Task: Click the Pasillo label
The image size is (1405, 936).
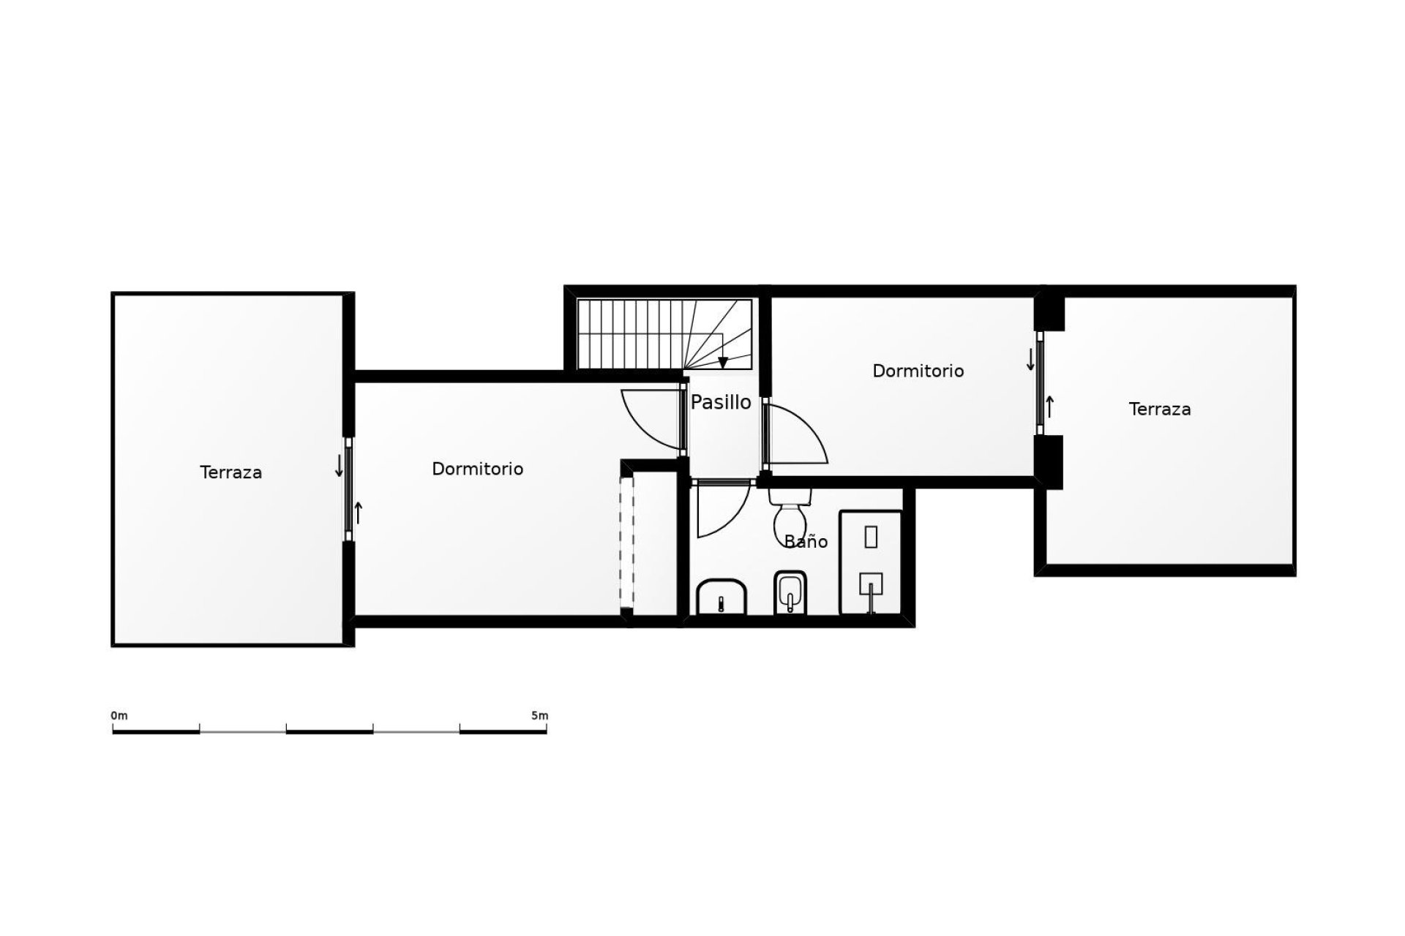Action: click(721, 402)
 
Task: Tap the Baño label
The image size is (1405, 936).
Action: click(806, 542)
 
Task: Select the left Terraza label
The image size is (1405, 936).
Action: click(231, 472)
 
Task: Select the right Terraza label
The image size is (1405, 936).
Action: click(1159, 409)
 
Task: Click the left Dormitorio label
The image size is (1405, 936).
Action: click(477, 469)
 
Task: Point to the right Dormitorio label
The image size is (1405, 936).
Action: click(918, 371)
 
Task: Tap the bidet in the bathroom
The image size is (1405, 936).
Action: click(790, 592)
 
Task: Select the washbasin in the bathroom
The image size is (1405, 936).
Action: click(722, 597)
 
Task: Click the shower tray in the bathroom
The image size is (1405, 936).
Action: click(871, 562)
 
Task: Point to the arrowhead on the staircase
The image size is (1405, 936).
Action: click(723, 363)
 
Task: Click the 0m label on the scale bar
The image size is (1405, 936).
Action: click(119, 716)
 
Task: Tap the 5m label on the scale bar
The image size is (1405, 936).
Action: click(539, 716)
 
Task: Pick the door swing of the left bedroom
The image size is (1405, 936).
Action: click(648, 417)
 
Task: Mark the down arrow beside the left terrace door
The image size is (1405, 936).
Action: click(339, 466)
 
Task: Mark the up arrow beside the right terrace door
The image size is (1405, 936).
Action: click(1050, 407)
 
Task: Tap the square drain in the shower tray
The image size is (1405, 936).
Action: click(871, 584)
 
